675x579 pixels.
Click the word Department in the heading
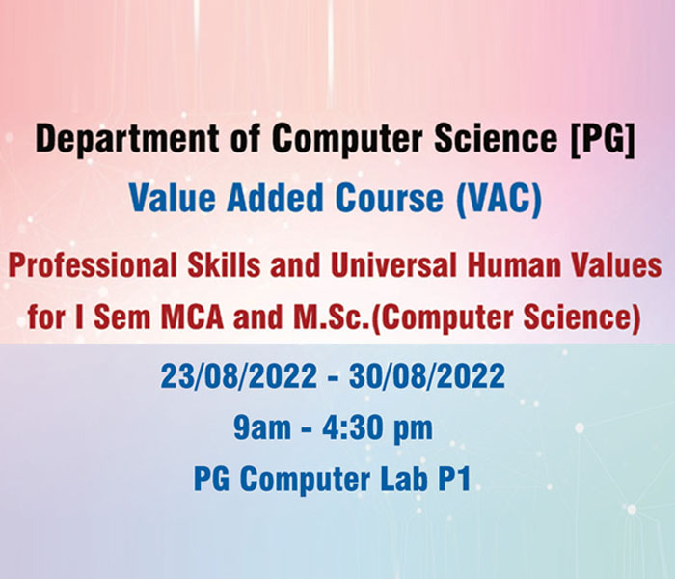click(x=127, y=139)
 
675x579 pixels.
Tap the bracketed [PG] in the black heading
click(x=603, y=139)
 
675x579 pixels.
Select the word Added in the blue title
click(x=275, y=198)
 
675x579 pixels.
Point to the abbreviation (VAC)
click(x=499, y=199)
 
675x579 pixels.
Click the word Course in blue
click(x=390, y=199)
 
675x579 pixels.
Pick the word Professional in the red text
click(x=93, y=265)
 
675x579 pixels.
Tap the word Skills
click(x=224, y=265)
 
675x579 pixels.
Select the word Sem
click(x=121, y=317)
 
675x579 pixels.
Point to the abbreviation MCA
click(x=193, y=317)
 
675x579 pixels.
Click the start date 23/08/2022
click(x=239, y=375)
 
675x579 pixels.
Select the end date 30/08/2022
click(x=426, y=375)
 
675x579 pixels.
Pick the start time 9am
click(x=261, y=427)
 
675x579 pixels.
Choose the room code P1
click(x=454, y=479)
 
